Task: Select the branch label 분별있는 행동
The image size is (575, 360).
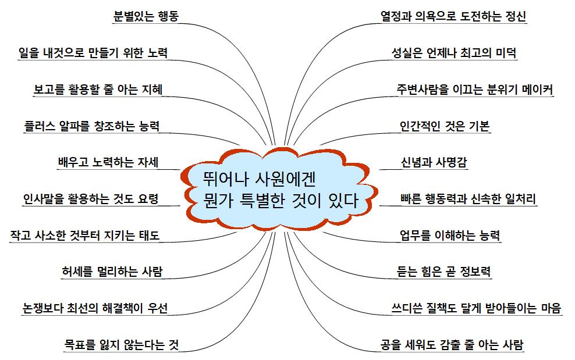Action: click(x=145, y=16)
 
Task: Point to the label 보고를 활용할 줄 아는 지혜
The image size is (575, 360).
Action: click(x=98, y=89)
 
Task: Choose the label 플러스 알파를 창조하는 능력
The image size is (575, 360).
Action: click(x=92, y=126)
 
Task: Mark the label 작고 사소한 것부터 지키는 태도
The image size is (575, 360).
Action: click(x=85, y=235)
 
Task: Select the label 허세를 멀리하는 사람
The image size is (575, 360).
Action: click(x=112, y=271)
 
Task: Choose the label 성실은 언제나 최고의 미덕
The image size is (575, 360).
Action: click(x=454, y=53)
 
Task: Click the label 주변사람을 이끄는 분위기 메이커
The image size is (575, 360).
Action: click(x=475, y=89)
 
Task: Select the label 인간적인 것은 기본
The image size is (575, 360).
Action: click(x=445, y=126)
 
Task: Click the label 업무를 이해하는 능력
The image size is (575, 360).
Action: click(x=450, y=235)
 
